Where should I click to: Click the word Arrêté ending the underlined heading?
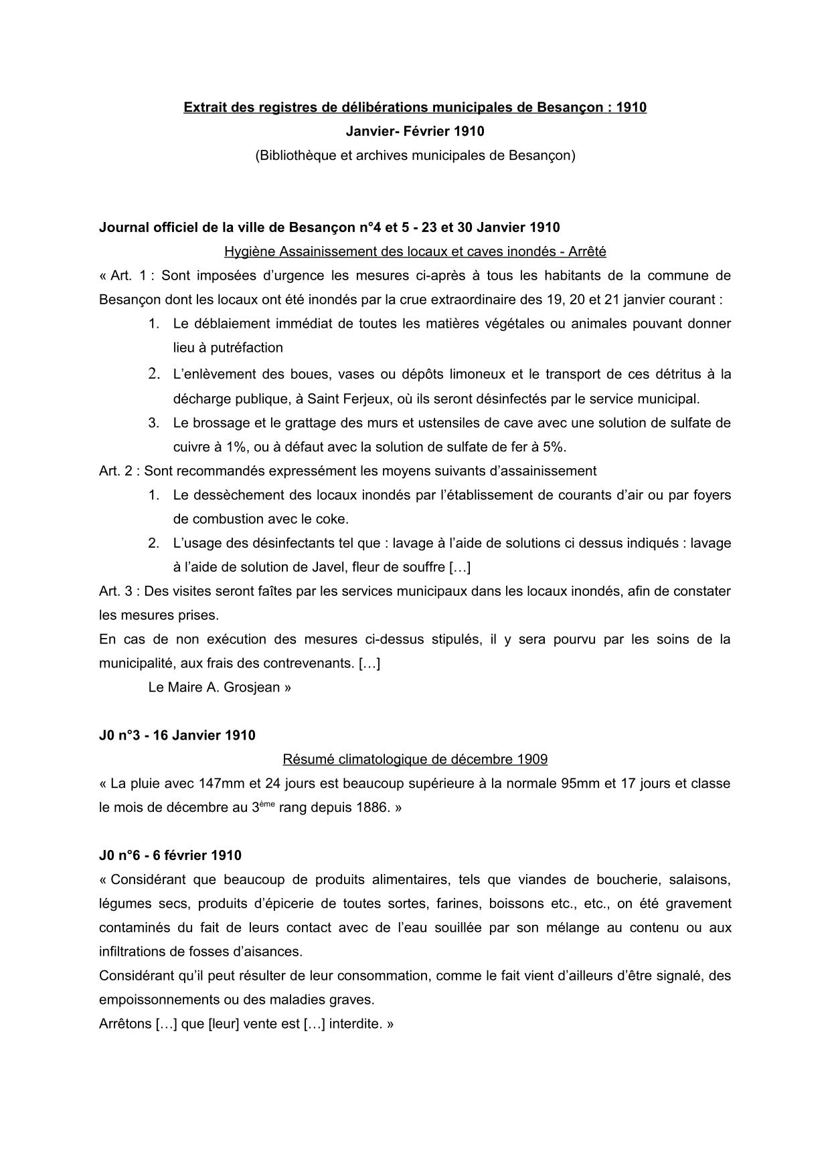pyautogui.click(x=587, y=251)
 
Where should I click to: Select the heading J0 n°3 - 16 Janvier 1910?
pyautogui.click(x=177, y=736)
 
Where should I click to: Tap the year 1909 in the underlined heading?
pyautogui.click(x=532, y=760)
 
